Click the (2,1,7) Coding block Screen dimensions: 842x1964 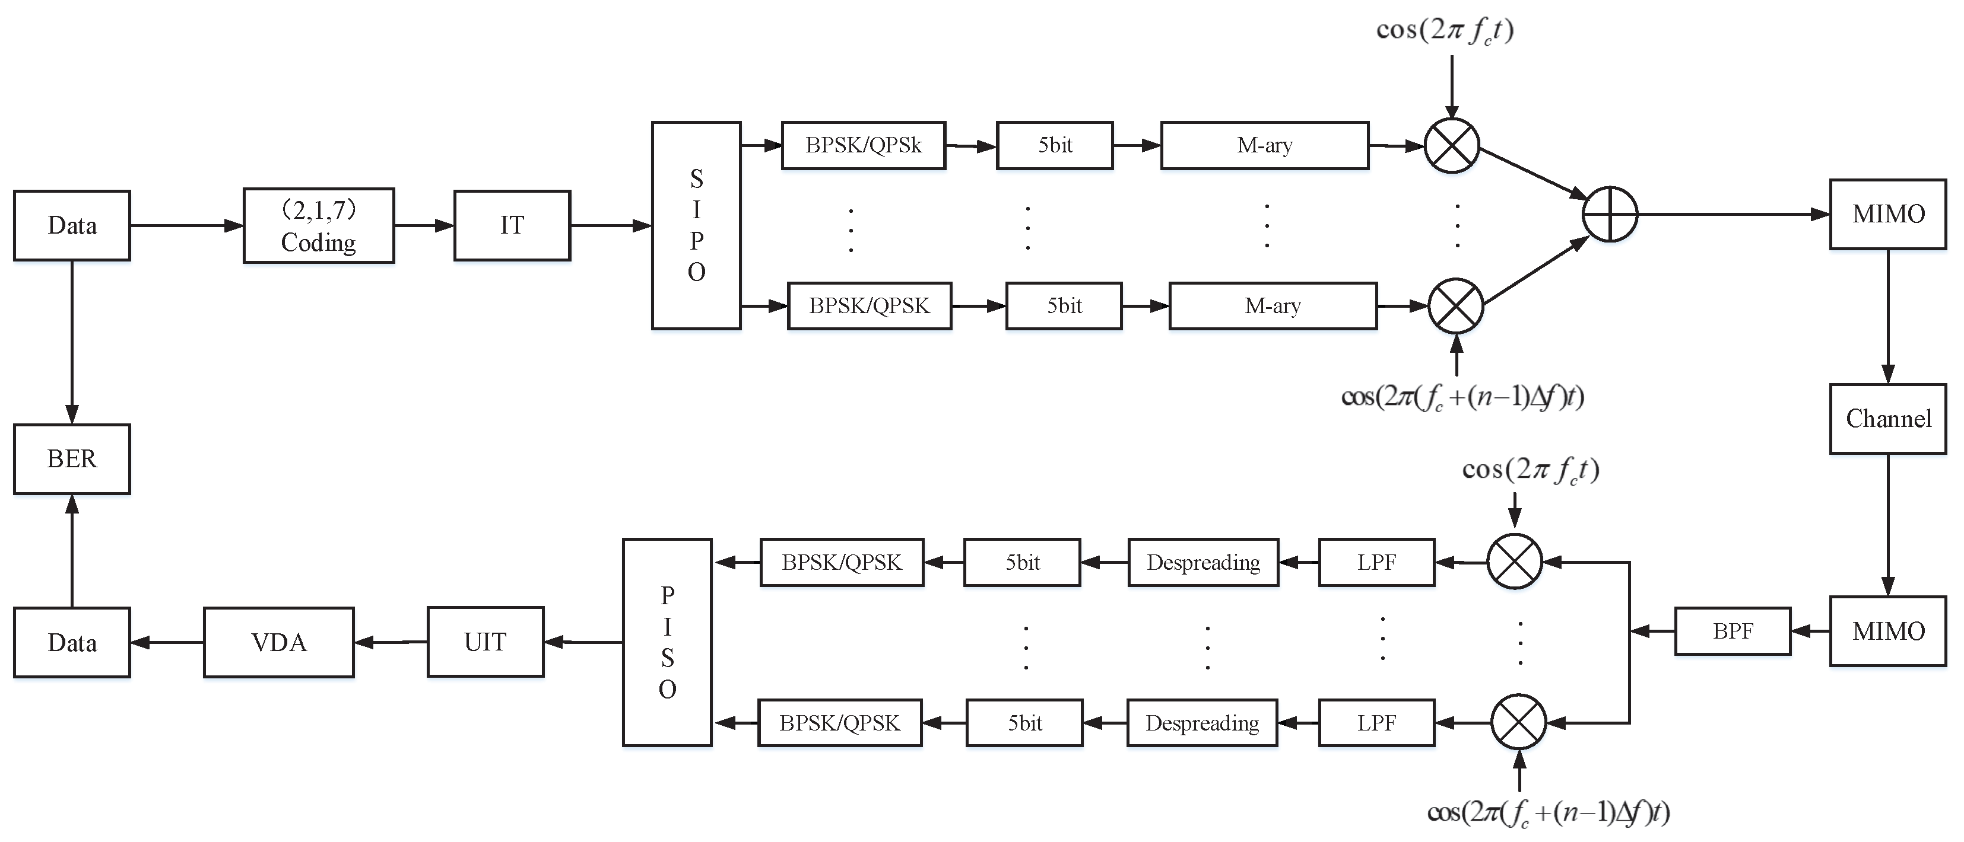coord(319,225)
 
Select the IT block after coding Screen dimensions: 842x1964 coord(512,225)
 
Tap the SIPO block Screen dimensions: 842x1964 coord(696,225)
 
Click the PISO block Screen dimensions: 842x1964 coord(667,642)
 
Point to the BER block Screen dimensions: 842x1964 coord(72,459)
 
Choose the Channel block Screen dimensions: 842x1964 coord(1888,419)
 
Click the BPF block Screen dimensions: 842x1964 coord(1732,631)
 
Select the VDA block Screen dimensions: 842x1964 coord(278,642)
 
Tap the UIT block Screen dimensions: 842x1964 coord(485,642)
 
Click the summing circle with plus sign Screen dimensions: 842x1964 coord(1610,214)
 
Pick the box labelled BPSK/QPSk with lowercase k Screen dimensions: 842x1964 coord(863,145)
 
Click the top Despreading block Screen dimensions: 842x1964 coord(1202,562)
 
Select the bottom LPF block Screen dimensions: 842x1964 coord(1376,722)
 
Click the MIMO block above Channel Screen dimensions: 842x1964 coord(1888,214)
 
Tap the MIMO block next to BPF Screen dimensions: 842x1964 coord(1888,631)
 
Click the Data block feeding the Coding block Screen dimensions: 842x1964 coord(72,225)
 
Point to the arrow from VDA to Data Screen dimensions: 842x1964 coord(168,642)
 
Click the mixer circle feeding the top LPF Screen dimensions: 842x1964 coord(1514,562)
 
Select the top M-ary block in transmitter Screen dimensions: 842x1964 coord(1264,145)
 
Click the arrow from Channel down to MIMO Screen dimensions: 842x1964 coord(1888,526)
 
